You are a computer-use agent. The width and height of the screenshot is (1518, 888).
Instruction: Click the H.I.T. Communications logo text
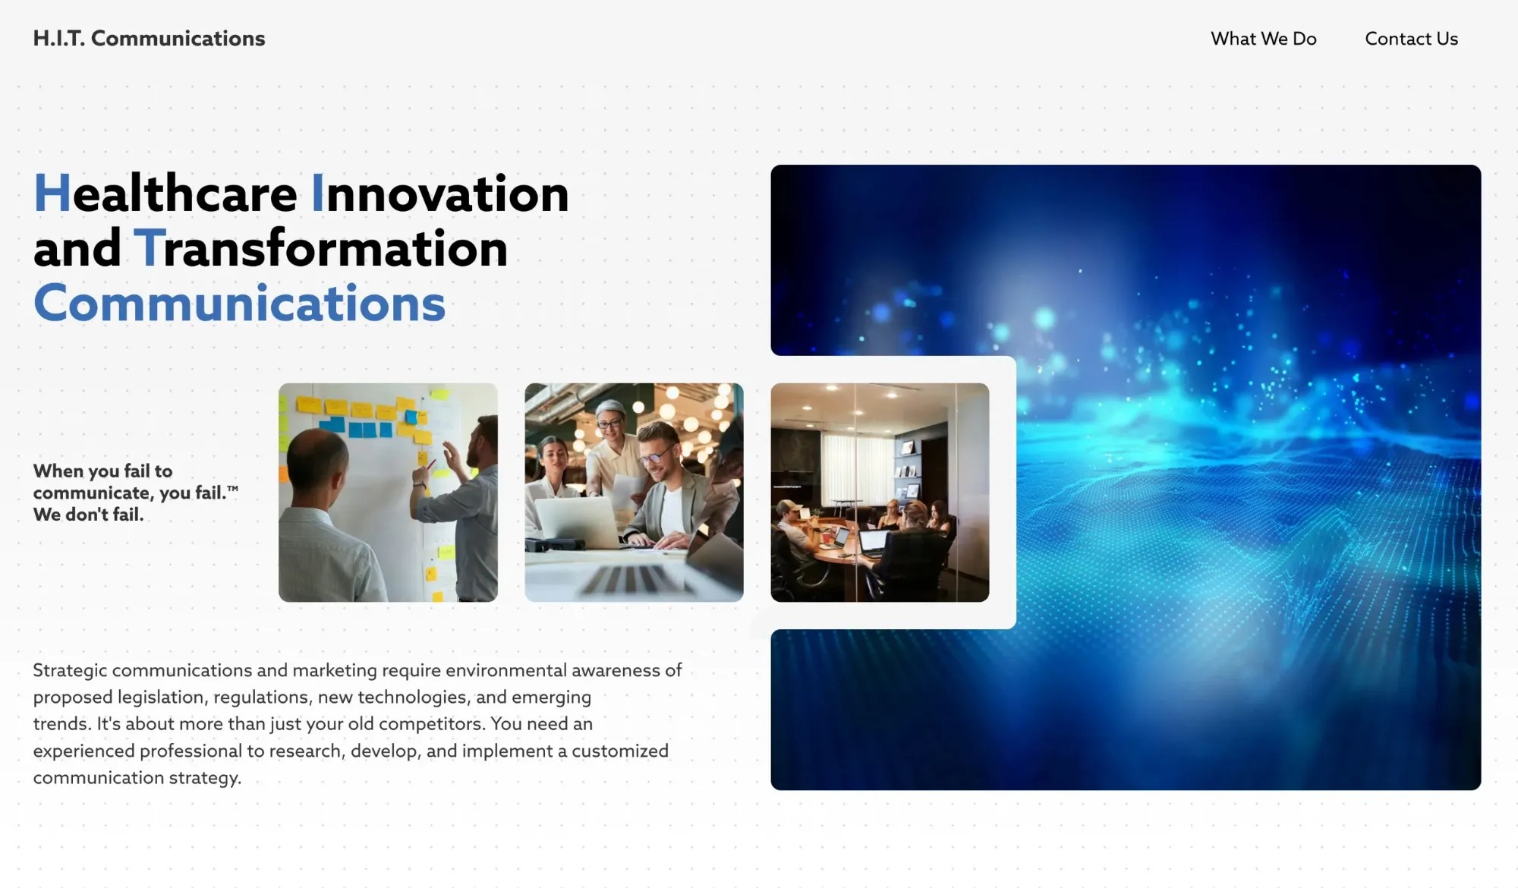[149, 39]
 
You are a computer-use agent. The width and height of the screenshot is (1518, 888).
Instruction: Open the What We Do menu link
[1263, 39]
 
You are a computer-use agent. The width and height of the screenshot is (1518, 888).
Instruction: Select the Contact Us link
[1411, 39]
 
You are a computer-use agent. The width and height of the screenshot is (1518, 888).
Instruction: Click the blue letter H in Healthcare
[52, 194]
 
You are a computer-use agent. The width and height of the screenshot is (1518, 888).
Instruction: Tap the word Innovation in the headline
[440, 194]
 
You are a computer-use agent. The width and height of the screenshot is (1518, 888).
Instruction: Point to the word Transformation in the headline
[321, 248]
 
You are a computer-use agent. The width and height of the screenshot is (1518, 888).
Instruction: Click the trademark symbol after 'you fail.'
[232, 490]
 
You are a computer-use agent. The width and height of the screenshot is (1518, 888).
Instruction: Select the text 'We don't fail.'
[88, 515]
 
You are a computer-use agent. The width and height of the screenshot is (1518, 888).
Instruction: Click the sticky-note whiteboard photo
[388, 493]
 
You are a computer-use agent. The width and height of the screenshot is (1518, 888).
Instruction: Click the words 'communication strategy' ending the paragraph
[137, 778]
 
